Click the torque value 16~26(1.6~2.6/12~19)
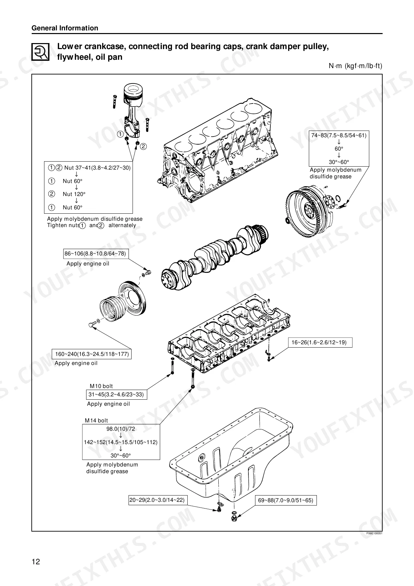coord(319,342)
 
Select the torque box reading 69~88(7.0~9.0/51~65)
coord(285,500)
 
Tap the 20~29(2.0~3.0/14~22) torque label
coord(157,500)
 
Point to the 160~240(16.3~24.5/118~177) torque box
coord(92,354)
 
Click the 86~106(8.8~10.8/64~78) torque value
coord(95,253)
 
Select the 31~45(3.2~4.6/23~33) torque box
coord(116,394)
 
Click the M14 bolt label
coord(96,420)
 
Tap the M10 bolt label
coord(101,386)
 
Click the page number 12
coord(36,562)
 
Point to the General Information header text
coord(65,28)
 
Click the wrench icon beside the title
coord(40,52)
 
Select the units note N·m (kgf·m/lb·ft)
coord(356,66)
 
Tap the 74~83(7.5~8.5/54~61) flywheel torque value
coord(339,135)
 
